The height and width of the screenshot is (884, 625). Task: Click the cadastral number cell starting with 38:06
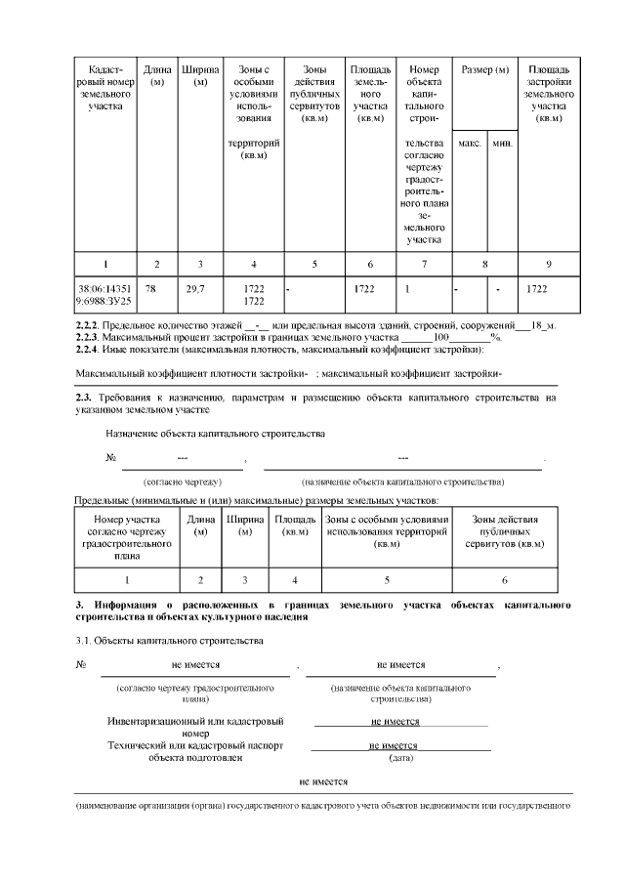[x=104, y=295]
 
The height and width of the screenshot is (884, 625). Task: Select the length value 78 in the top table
[x=150, y=288]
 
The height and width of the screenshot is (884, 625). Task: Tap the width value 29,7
[x=195, y=288]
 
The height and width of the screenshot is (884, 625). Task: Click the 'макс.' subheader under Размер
[x=470, y=144]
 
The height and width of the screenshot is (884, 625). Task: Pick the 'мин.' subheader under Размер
[x=503, y=144]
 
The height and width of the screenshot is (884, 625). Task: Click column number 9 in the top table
[x=549, y=264]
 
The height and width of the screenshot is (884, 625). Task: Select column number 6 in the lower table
[x=504, y=579]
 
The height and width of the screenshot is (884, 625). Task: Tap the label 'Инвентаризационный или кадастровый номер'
[x=195, y=727]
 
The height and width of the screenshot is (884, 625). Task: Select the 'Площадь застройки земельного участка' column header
[x=549, y=94]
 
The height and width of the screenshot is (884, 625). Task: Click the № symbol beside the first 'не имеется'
[x=82, y=664]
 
